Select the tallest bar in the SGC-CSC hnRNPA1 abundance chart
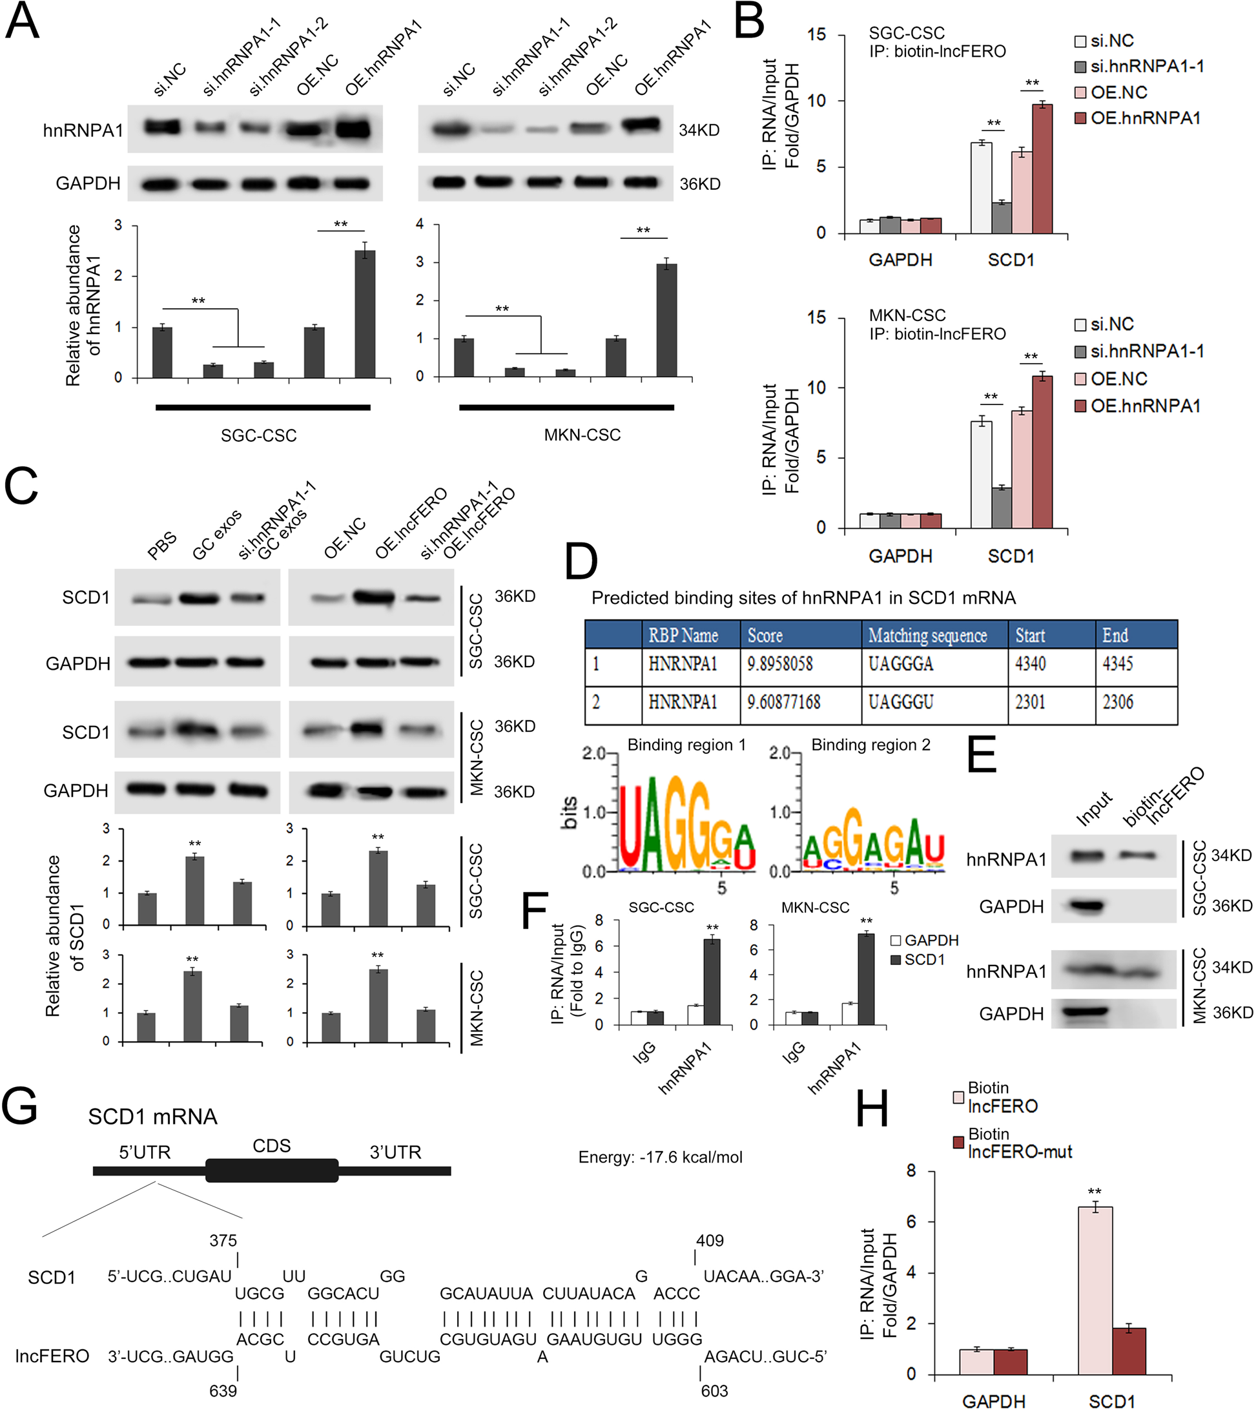364,314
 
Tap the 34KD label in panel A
699,130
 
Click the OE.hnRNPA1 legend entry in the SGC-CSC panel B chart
1138,118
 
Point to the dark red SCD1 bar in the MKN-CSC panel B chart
1042,451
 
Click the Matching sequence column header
927,635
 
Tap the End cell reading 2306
1117,703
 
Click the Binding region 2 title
870,745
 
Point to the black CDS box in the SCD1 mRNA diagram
272,1170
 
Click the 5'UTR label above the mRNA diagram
144,1152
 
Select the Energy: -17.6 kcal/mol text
660,1157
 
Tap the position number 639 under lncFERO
223,1391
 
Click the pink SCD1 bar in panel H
1095,1290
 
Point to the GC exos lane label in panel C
217,534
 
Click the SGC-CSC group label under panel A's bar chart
259,435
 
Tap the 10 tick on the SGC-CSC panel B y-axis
817,101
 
